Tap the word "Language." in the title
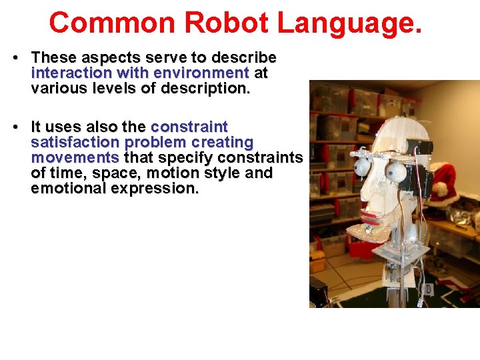point(350,23)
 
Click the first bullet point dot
point(14,58)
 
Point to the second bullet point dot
point(14,127)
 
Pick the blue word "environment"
point(201,73)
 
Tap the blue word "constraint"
point(189,127)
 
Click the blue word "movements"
point(75,157)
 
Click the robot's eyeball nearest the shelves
point(362,166)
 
